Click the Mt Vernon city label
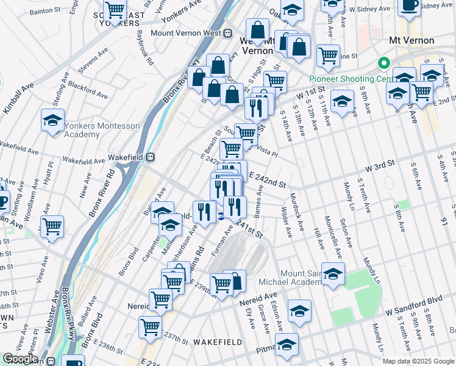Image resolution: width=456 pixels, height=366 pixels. [x=411, y=40]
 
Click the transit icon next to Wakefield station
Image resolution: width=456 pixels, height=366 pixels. [x=149, y=157]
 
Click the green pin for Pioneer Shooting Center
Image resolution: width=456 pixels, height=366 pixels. [x=384, y=63]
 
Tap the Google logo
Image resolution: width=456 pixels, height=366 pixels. [x=20, y=359]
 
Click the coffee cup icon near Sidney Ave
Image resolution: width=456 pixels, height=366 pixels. [x=409, y=5]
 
